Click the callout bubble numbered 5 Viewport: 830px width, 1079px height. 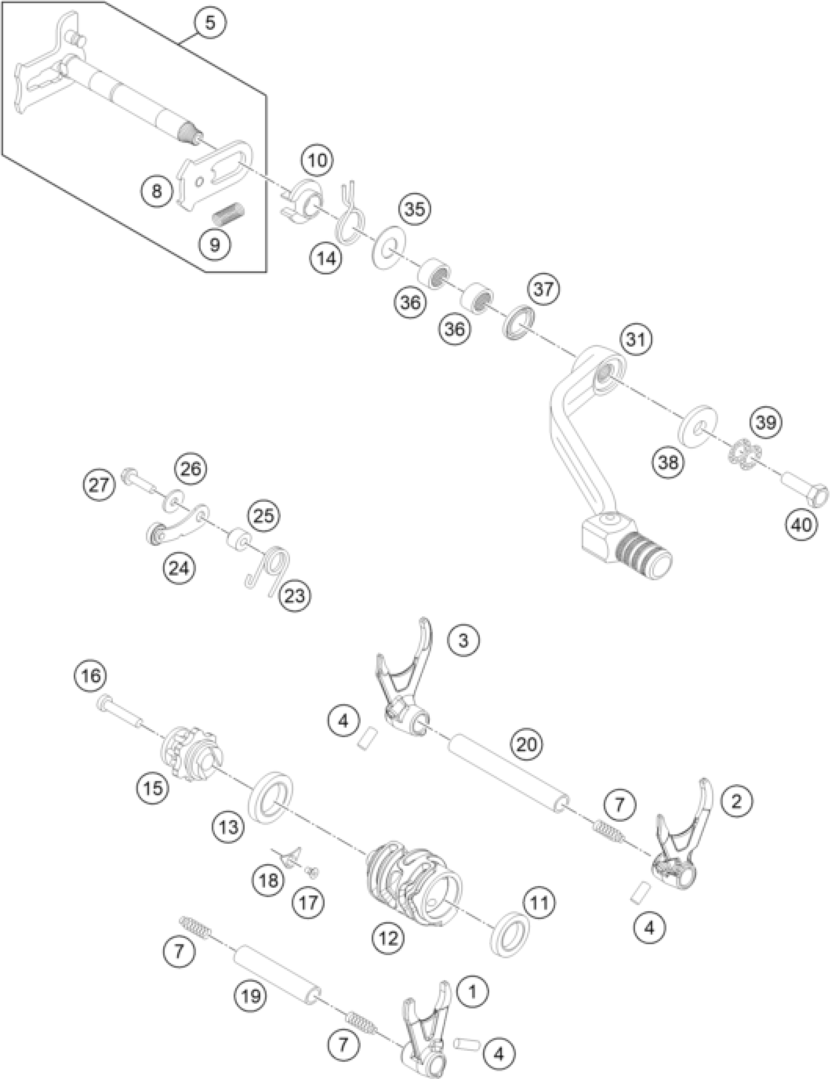pos(209,23)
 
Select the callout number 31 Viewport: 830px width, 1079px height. pos(636,339)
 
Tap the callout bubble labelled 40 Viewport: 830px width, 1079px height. pos(801,524)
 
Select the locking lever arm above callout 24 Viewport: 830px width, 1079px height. pos(175,528)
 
